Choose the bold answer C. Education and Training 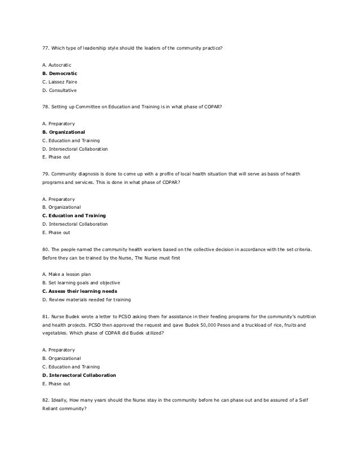(x=74, y=216)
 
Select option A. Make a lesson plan (x=67, y=274)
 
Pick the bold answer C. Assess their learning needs (x=80, y=291)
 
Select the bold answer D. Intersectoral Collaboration (x=79, y=375)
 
